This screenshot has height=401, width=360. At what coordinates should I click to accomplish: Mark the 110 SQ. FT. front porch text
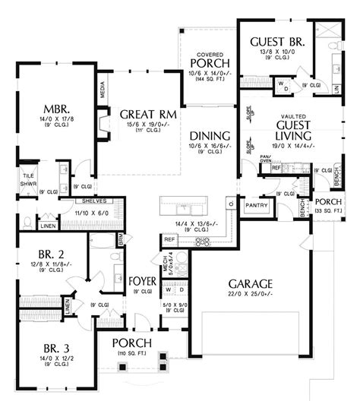[x=131, y=355]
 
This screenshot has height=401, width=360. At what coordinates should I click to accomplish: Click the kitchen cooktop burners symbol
[x=202, y=242]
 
